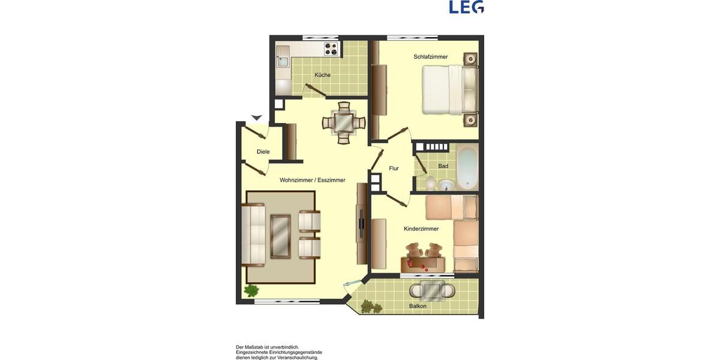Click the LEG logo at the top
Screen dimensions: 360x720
pos(466,7)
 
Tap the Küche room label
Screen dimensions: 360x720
pos(322,75)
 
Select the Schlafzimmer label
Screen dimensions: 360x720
pos(430,57)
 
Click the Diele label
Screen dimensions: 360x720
pos(263,152)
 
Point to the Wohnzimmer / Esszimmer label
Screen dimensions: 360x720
pos(312,180)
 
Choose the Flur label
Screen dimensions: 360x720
pos(394,169)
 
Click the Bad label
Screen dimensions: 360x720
pos(443,166)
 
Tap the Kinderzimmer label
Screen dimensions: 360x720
pos(421,229)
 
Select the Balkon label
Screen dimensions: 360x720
pos(418,306)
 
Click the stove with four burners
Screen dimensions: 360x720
pos(331,49)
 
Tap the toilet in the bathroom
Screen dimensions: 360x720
pos(430,182)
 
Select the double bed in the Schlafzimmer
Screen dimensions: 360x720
pos(450,89)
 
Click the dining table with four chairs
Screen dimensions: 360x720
pos(343,122)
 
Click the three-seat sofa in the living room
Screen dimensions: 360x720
pos(253,235)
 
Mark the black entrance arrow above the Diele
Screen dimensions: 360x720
pos(257,118)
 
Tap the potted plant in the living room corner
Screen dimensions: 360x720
pos(251,291)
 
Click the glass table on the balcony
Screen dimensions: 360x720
pos(431,290)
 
